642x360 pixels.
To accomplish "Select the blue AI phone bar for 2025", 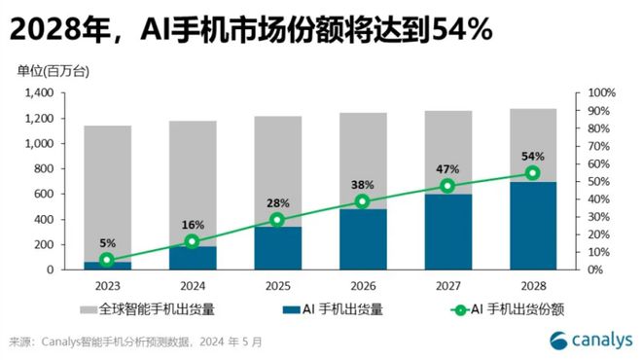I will click(x=277, y=247).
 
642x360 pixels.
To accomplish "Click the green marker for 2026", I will click(x=362, y=201).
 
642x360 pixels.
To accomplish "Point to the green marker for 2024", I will click(x=192, y=240).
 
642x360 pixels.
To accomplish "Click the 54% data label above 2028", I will click(x=532, y=156).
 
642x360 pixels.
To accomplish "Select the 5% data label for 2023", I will click(x=107, y=244).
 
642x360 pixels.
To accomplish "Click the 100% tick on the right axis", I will click(x=602, y=92).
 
